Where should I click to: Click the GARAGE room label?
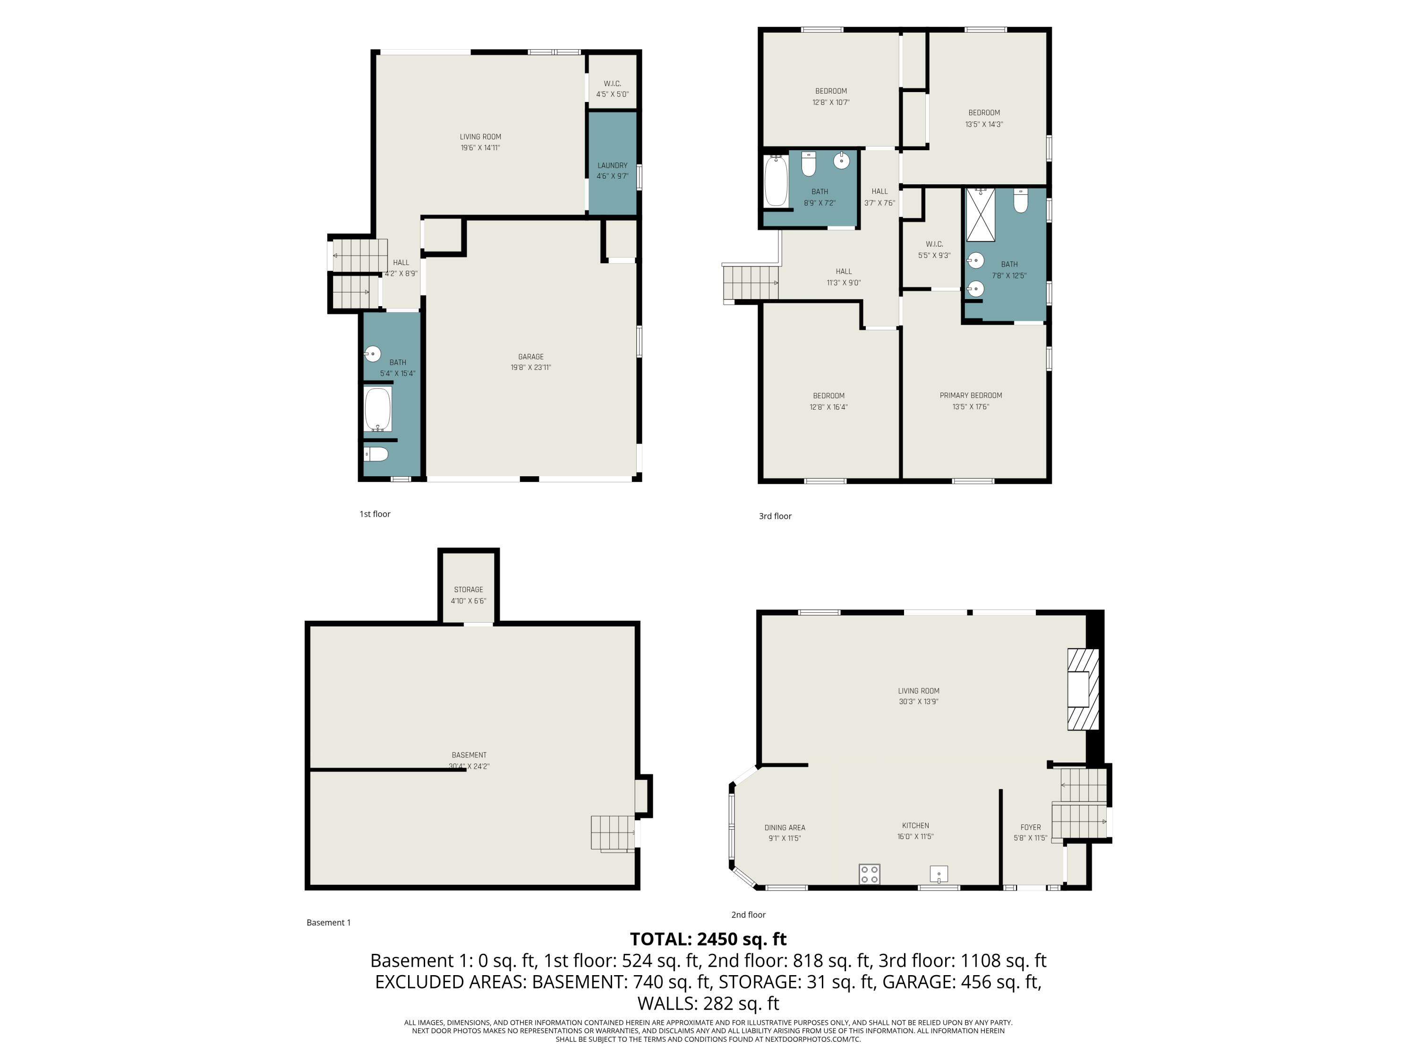click(x=530, y=357)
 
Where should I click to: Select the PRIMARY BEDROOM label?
click(x=971, y=395)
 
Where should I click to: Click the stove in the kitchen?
click(x=869, y=874)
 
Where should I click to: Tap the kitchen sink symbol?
click(x=939, y=874)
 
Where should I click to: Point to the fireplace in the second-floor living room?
click(x=1082, y=689)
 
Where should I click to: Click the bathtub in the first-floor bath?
click(x=378, y=409)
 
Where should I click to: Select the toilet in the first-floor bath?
click(x=376, y=455)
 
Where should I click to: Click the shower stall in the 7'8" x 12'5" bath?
click(x=980, y=214)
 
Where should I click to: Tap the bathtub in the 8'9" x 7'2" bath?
click(x=776, y=181)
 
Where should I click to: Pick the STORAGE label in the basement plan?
click(x=468, y=590)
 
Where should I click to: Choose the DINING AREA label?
click(x=785, y=827)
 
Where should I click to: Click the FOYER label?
click(x=1030, y=827)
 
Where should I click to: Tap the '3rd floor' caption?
click(x=775, y=516)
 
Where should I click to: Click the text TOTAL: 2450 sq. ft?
click(x=708, y=939)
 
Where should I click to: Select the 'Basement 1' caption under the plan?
click(x=329, y=923)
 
